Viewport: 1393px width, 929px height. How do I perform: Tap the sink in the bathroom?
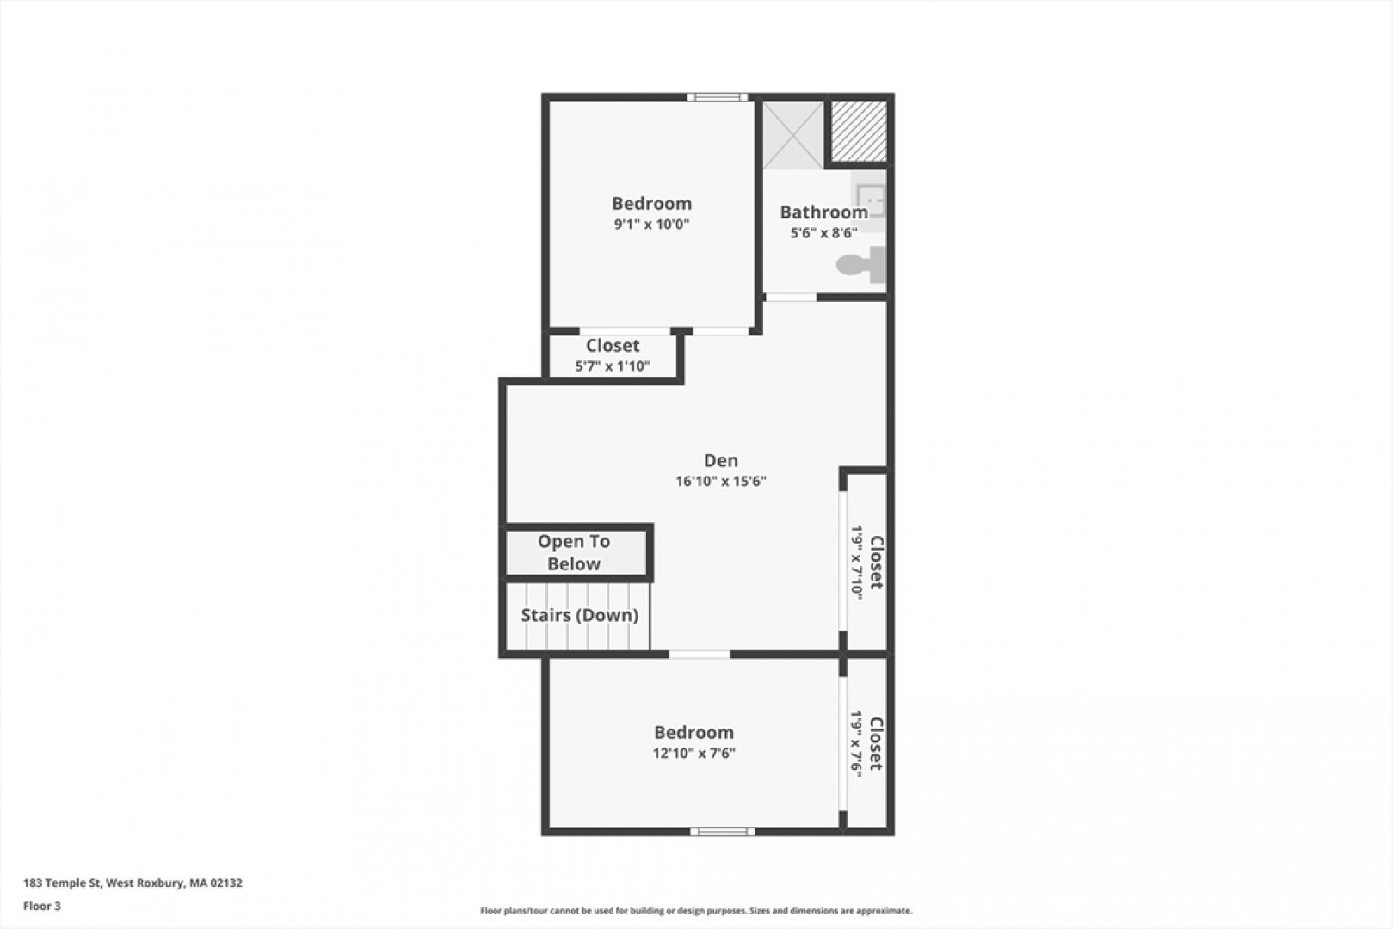(870, 200)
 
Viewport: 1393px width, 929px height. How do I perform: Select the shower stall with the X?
(793, 135)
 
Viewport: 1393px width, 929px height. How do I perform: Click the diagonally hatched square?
(859, 131)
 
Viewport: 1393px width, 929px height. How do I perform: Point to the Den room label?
(721, 461)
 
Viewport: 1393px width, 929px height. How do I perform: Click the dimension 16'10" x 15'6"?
(721, 482)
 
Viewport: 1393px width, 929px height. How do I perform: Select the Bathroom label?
(824, 212)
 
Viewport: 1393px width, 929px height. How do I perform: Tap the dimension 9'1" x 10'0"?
(651, 224)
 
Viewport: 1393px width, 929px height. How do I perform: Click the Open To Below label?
(573, 553)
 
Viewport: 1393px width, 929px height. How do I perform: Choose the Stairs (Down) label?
(580, 615)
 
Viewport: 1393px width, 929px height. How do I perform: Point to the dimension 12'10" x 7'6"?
(694, 753)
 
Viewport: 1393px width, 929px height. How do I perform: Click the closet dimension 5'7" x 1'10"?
(613, 366)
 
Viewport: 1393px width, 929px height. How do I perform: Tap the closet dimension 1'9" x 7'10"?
(857, 563)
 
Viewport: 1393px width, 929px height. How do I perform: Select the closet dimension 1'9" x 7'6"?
(857, 744)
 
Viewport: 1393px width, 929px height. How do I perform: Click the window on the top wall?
(717, 97)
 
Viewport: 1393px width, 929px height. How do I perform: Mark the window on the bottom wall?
(723, 832)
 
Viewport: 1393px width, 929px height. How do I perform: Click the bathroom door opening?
(791, 298)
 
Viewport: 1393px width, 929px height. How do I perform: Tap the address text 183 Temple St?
(62, 883)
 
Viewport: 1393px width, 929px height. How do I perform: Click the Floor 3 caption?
(42, 906)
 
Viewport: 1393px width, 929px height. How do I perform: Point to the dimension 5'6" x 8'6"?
(824, 233)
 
